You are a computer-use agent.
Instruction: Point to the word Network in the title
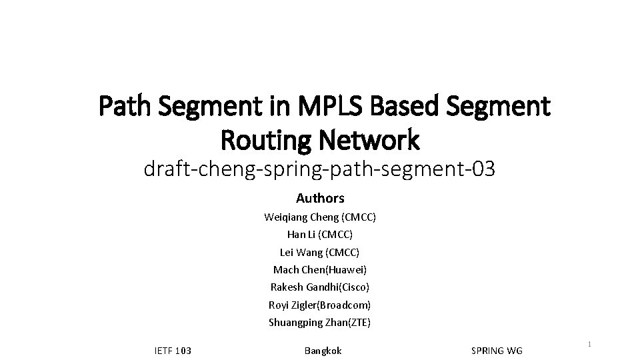click(370, 140)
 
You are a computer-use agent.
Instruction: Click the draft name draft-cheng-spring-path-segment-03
click(319, 170)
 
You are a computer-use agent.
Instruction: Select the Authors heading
click(320, 198)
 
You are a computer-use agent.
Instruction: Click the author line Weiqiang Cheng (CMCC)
click(320, 217)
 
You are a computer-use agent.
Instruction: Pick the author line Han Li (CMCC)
click(320, 235)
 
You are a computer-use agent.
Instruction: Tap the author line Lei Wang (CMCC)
click(320, 252)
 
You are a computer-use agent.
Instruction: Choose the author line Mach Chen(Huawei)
click(320, 270)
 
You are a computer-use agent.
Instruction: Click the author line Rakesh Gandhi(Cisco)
click(320, 287)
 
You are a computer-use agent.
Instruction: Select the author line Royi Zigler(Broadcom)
click(320, 305)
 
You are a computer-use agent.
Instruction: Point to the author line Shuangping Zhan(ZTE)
click(320, 323)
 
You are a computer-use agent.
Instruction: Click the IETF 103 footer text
click(173, 351)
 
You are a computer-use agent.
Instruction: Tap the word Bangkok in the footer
click(323, 351)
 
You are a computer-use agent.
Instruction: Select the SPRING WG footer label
click(497, 351)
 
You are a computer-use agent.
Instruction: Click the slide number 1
click(590, 344)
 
